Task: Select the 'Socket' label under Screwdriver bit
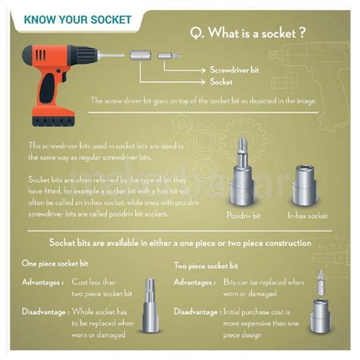[221, 81]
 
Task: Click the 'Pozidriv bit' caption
[242, 216]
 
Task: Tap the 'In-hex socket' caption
[307, 216]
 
